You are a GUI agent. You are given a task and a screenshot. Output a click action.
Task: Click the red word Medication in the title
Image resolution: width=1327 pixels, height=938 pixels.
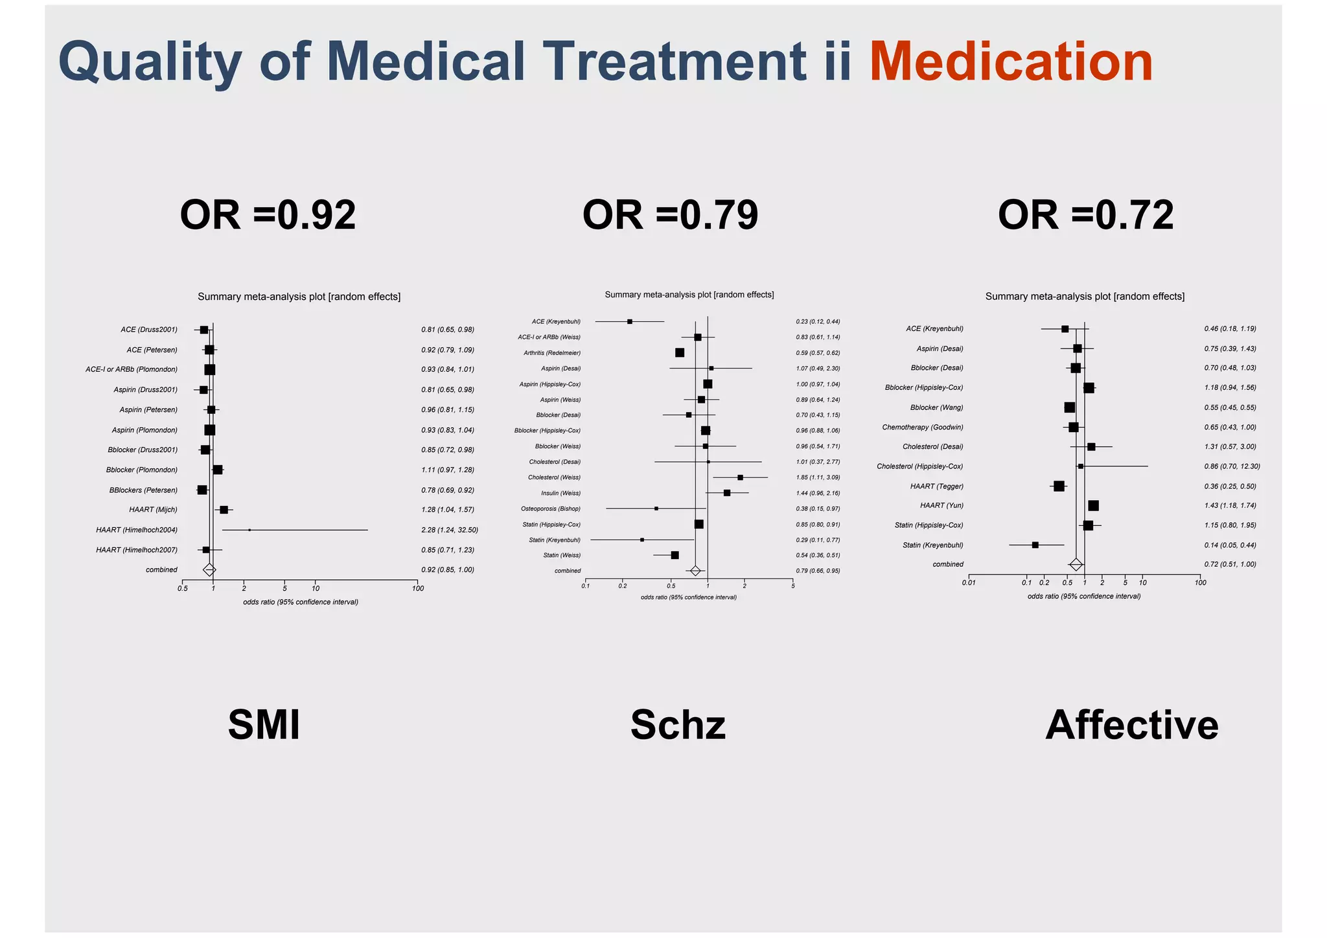pyautogui.click(x=1011, y=62)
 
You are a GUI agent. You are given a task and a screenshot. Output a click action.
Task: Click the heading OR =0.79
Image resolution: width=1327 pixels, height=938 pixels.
pyautogui.click(x=670, y=215)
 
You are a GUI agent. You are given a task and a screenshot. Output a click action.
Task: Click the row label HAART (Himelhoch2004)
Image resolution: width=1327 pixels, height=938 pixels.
pyautogui.click(x=137, y=530)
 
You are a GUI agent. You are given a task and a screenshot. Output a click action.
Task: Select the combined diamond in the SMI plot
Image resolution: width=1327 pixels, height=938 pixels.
pyautogui.click(x=209, y=570)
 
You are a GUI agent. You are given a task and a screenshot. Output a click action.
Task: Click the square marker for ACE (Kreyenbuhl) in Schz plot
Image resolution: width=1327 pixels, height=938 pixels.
pyautogui.click(x=630, y=321)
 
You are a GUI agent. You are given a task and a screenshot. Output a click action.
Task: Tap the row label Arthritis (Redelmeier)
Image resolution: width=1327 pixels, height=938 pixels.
pyautogui.click(x=552, y=353)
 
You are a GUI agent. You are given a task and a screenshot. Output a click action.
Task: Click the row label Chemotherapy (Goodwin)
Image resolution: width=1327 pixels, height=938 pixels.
pyautogui.click(x=922, y=428)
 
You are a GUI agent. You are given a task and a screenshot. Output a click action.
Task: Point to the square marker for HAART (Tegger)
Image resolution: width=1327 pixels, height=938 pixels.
pyautogui.click(x=1059, y=486)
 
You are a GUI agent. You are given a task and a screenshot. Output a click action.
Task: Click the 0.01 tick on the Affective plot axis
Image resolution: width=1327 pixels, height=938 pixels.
pyautogui.click(x=969, y=582)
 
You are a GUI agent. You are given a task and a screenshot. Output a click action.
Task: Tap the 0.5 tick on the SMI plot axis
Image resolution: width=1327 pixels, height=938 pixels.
pyautogui.click(x=183, y=588)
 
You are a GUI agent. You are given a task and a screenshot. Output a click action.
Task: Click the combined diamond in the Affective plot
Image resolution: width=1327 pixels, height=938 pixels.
pyautogui.click(x=1076, y=564)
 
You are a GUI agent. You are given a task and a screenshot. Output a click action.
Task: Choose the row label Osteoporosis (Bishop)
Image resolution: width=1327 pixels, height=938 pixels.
pyautogui.click(x=551, y=509)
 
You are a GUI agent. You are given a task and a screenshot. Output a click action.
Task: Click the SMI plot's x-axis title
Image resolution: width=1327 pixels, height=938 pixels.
pyautogui.click(x=301, y=602)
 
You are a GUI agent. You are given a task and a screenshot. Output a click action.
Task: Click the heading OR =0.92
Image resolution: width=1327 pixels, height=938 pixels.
pyautogui.click(x=268, y=215)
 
